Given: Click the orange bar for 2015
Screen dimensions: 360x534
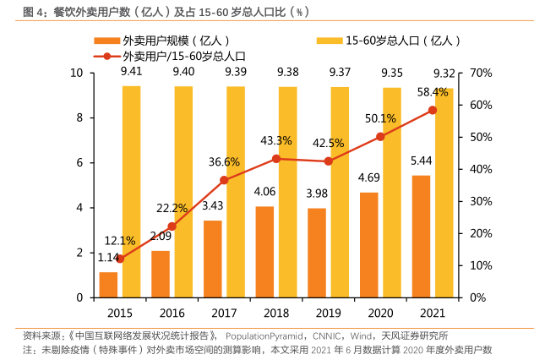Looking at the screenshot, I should pyautogui.click(x=108, y=285).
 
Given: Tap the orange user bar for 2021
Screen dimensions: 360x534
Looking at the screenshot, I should pyautogui.click(x=420, y=237).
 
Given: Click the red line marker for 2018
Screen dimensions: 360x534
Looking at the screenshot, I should pyautogui.click(x=276, y=158).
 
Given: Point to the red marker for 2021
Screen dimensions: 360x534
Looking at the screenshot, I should pyautogui.click(x=433, y=110).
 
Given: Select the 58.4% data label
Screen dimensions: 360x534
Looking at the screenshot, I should pyautogui.click(x=433, y=92).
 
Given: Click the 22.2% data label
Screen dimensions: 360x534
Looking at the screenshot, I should pyautogui.click(x=172, y=209).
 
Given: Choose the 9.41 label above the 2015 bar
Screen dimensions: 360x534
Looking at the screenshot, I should pyautogui.click(x=131, y=72).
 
